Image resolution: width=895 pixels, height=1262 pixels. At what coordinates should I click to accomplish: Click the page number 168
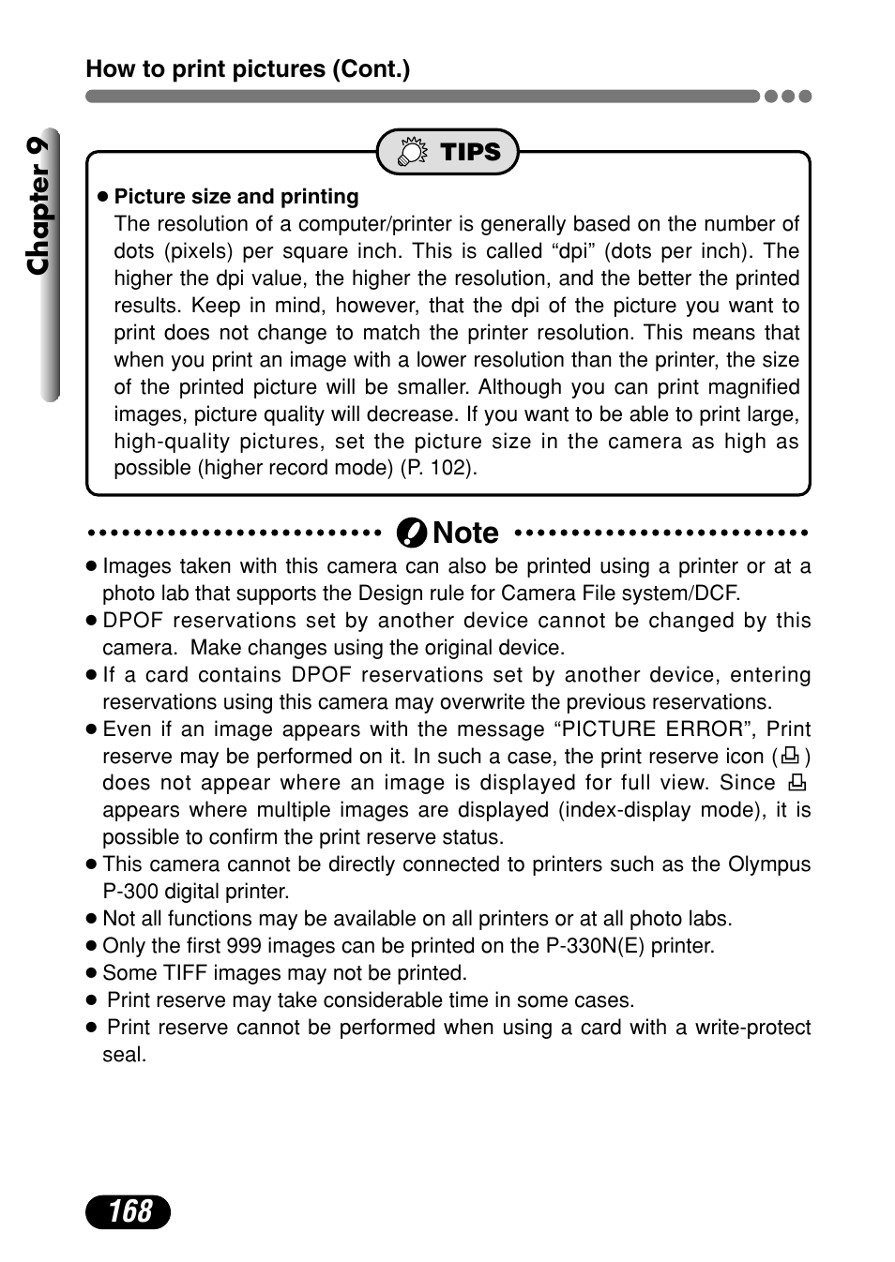[129, 1211]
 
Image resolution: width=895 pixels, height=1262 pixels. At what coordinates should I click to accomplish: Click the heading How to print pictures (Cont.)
[248, 69]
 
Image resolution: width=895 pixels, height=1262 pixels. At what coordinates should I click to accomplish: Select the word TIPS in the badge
[470, 152]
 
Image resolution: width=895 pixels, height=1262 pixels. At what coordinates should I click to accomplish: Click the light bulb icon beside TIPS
[412, 152]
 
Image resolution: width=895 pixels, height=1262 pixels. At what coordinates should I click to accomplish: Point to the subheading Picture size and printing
[235, 197]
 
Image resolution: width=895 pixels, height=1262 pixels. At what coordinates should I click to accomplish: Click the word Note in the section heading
[466, 533]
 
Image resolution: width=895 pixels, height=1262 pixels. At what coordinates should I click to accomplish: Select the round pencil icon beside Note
[411, 533]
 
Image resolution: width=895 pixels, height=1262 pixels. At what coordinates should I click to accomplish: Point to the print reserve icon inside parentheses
[790, 756]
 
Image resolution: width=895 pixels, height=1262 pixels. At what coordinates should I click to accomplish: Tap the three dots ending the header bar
[788, 96]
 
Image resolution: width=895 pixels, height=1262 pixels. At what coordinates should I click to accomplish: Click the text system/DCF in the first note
[693, 593]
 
